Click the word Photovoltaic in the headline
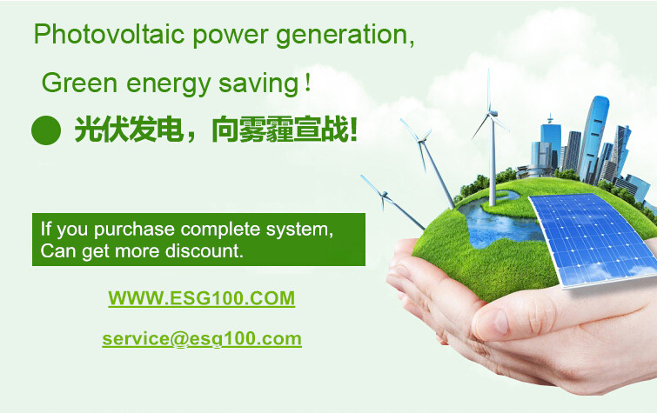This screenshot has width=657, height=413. [x=109, y=34]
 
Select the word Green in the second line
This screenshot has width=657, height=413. [x=79, y=83]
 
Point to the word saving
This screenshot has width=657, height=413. [x=258, y=84]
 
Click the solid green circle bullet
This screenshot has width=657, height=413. [x=46, y=130]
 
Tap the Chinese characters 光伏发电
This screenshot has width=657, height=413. [x=129, y=130]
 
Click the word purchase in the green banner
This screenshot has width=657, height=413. [x=134, y=230]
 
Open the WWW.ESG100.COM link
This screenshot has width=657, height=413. [x=202, y=298]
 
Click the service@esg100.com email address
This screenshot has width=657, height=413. [x=202, y=339]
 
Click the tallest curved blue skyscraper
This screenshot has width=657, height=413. [x=593, y=138]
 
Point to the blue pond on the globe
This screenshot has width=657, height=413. [x=499, y=222]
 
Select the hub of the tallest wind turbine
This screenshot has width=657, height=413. [x=492, y=113]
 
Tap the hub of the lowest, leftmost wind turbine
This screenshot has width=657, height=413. [x=384, y=195]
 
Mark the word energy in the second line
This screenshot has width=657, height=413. [x=169, y=84]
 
